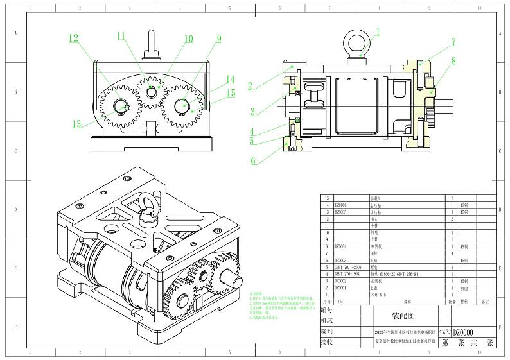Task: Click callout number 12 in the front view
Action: (74, 39)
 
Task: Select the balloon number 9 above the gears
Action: (218, 39)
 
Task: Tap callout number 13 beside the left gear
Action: (77, 124)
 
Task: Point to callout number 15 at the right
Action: (231, 93)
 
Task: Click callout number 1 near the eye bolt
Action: (378, 31)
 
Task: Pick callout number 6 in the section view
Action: (253, 161)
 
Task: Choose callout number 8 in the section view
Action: (453, 62)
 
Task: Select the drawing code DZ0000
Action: (464, 332)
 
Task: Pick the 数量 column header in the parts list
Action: (452, 300)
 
